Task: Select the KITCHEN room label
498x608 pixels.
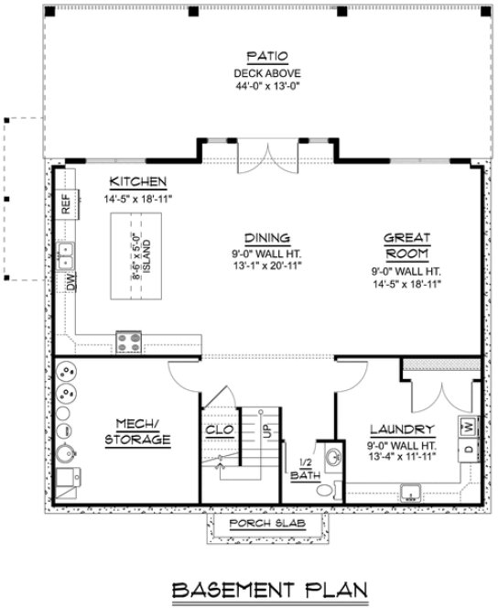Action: [137, 181]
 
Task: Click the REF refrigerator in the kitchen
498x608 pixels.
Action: [66, 203]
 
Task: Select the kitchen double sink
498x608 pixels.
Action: [67, 255]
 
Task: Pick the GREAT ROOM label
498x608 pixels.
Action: [406, 245]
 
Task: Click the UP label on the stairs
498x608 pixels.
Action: [266, 429]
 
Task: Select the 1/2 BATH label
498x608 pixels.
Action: [303, 469]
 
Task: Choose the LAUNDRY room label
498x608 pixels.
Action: [400, 429]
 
